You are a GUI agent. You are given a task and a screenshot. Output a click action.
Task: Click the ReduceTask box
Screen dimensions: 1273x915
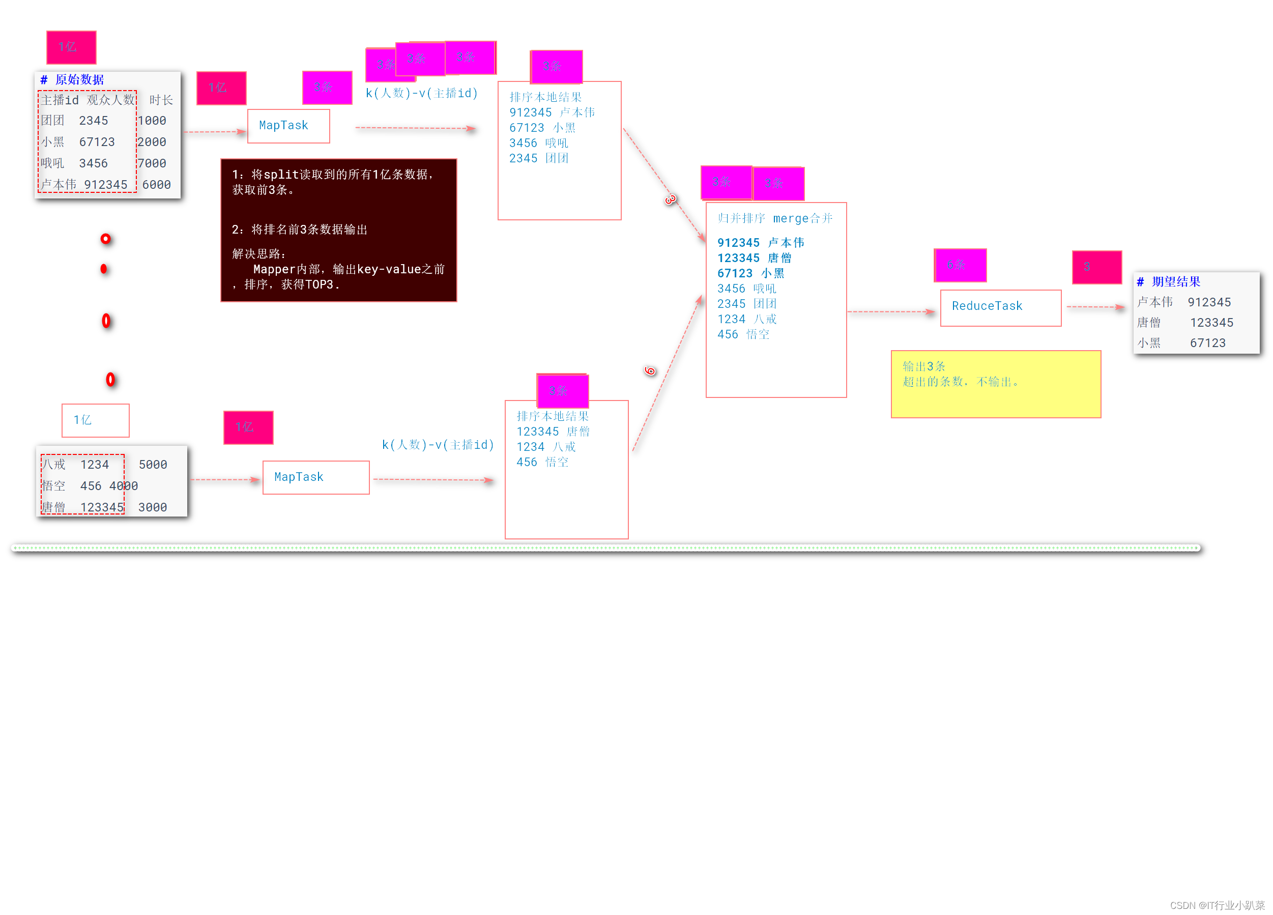[x=1000, y=307]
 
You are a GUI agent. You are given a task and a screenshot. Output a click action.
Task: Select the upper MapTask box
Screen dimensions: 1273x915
[x=288, y=126]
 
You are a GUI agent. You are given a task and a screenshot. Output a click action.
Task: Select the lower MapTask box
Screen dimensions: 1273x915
[x=315, y=477]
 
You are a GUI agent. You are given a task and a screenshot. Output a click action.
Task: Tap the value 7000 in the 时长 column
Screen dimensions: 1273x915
[x=152, y=163]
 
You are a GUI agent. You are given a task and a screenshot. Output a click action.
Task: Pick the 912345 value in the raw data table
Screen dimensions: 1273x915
[x=105, y=185]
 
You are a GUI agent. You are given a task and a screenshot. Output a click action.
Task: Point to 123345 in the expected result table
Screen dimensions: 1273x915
[x=1211, y=323]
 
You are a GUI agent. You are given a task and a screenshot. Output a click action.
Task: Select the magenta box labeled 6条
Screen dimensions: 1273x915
[x=960, y=265]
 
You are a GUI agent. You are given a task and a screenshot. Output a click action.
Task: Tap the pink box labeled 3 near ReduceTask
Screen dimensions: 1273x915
[x=1096, y=267]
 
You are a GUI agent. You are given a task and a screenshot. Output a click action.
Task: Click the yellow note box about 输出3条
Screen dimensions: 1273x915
[x=995, y=384]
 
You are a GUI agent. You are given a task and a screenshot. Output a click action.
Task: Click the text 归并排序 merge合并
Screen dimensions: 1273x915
[x=774, y=218]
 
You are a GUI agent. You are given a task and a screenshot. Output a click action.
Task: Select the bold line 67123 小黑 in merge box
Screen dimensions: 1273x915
[x=750, y=273]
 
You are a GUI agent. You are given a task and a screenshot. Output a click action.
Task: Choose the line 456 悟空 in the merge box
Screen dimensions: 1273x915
[x=743, y=334]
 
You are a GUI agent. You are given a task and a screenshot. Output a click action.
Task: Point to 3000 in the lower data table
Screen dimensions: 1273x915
[x=153, y=507]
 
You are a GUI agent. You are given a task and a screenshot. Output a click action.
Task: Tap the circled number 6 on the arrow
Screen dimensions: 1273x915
[x=650, y=370]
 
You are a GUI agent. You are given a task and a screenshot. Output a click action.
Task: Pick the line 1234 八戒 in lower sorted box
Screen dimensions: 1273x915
[x=545, y=447]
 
